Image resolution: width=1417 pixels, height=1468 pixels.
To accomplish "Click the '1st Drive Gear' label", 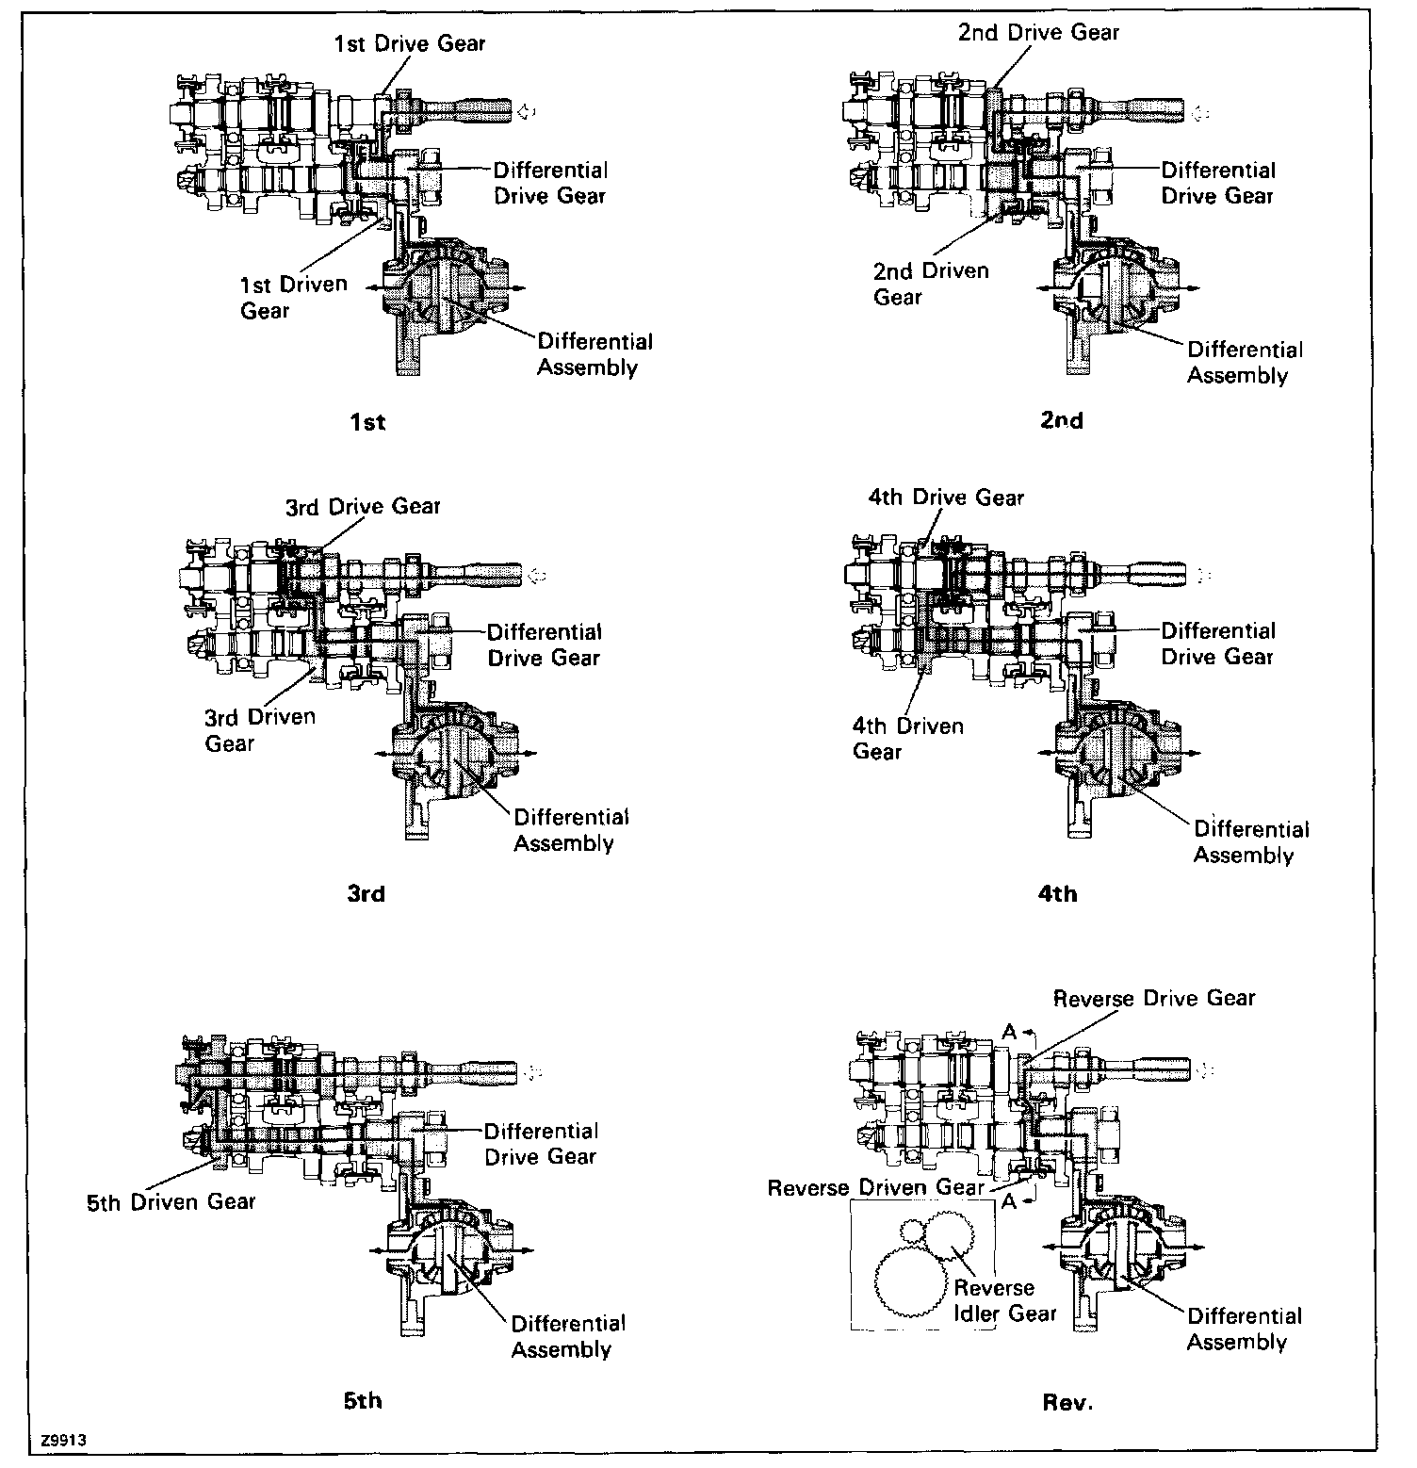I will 410,43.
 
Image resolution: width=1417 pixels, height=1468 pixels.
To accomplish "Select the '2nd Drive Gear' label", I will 1038,32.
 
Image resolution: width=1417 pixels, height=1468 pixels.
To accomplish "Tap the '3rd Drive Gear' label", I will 363,507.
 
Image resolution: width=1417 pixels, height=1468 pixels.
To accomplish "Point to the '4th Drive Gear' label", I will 946,497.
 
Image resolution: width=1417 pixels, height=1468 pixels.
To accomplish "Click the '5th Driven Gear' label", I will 171,1202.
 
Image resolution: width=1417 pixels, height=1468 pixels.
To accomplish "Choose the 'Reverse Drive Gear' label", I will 1153,999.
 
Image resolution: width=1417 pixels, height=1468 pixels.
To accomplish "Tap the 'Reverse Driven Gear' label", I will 875,1188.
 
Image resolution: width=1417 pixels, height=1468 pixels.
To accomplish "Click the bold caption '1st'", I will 367,422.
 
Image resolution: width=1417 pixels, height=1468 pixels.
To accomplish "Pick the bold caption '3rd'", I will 366,893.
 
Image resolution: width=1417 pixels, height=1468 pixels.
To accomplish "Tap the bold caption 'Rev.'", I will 1067,1403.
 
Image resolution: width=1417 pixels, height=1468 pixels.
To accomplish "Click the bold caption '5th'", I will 363,1401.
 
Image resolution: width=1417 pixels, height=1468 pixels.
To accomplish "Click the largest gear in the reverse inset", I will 911,1282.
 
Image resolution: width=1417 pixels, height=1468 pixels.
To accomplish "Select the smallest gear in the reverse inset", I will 911,1231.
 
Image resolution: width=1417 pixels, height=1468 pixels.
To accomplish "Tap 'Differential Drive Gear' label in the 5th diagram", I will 541,1143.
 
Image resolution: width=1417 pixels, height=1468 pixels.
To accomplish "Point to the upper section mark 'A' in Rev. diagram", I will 1009,1032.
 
